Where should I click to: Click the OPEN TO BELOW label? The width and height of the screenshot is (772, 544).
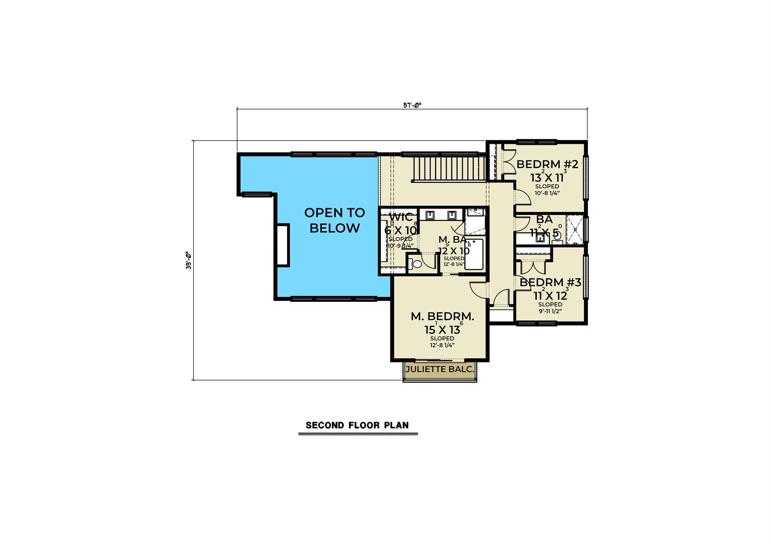click(x=334, y=220)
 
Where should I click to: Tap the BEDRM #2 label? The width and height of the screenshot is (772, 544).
click(x=547, y=164)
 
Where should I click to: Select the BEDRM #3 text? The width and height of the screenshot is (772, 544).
click(x=550, y=282)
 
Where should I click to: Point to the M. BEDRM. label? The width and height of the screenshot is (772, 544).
click(x=442, y=316)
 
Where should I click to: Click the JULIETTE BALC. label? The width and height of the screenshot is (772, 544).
click(x=439, y=369)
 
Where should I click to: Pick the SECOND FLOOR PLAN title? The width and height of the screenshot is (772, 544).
click(x=357, y=425)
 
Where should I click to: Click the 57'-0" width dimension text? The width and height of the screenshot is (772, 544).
click(x=412, y=105)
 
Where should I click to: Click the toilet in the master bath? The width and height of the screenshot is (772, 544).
click(x=416, y=263)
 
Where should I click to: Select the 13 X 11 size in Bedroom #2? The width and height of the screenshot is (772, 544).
click(x=547, y=178)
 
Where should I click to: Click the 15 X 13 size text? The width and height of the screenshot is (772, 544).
click(x=442, y=330)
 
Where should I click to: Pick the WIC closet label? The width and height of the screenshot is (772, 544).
click(x=401, y=217)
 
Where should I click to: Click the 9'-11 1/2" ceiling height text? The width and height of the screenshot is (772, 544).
click(x=550, y=311)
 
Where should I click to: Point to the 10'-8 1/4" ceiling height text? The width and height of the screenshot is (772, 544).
click(x=547, y=193)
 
